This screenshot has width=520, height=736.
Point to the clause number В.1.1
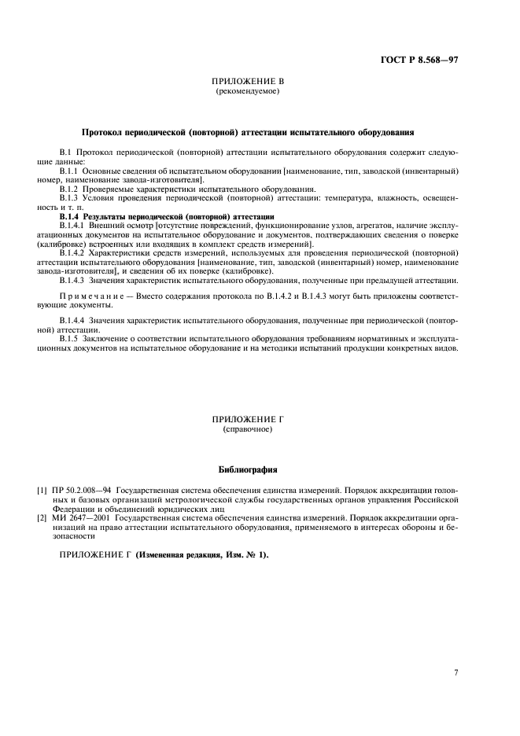pyautogui.click(x=72, y=170)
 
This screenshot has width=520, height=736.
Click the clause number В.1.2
pyautogui.click(x=72, y=190)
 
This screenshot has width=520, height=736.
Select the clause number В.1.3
pyautogui.click(x=72, y=199)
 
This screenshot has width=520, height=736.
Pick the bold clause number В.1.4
pyautogui.click(x=72, y=215)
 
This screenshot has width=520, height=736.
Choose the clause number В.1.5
pyautogui.click(x=72, y=340)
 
